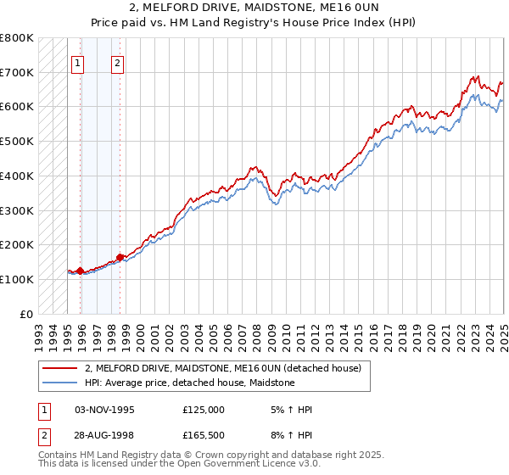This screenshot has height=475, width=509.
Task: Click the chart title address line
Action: (x=254, y=8)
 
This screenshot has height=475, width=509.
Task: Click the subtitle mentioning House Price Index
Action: (x=254, y=24)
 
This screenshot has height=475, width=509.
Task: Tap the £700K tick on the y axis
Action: (x=17, y=72)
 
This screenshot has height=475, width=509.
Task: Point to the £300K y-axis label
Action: (x=17, y=210)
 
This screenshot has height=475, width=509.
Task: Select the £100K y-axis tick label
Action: (x=17, y=279)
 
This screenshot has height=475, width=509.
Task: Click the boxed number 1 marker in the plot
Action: (x=77, y=62)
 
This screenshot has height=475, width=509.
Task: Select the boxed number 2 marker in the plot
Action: (x=117, y=62)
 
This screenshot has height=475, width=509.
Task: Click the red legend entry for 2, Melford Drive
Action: (x=223, y=368)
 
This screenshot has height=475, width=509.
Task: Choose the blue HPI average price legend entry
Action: (x=189, y=383)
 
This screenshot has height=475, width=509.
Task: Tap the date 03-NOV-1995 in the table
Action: (x=105, y=409)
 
